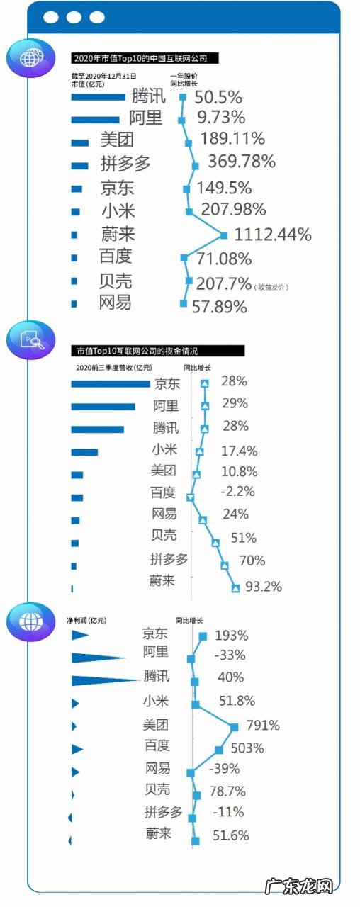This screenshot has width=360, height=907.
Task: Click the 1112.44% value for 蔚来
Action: pyautogui.click(x=273, y=235)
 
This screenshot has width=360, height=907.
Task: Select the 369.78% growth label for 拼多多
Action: pyautogui.click(x=241, y=162)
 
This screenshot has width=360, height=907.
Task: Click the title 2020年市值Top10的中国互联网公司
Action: pyautogui.click(x=145, y=58)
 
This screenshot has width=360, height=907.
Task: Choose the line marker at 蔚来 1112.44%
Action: pyautogui.click(x=225, y=235)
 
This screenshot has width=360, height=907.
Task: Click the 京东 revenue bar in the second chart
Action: pyautogui.click(x=111, y=384)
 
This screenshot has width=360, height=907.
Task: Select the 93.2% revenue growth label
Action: pyautogui.click(x=263, y=586)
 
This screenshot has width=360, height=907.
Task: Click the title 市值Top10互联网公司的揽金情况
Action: pyautogui.click(x=157, y=350)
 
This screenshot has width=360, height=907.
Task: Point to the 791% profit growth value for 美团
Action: pyautogui.click(x=263, y=726)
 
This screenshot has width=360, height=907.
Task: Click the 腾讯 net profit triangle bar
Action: pyautogui.click(x=106, y=680)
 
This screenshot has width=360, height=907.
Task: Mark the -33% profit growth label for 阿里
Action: pyautogui.click(x=230, y=655)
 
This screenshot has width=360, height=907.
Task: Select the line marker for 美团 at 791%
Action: pyautogui.click(x=234, y=726)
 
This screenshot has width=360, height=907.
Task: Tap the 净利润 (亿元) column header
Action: pyautogui.click(x=86, y=620)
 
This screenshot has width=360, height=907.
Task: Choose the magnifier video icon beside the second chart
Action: pyautogui.click(x=30, y=339)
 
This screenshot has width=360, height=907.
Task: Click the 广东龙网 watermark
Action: pyautogui.click(x=298, y=886)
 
